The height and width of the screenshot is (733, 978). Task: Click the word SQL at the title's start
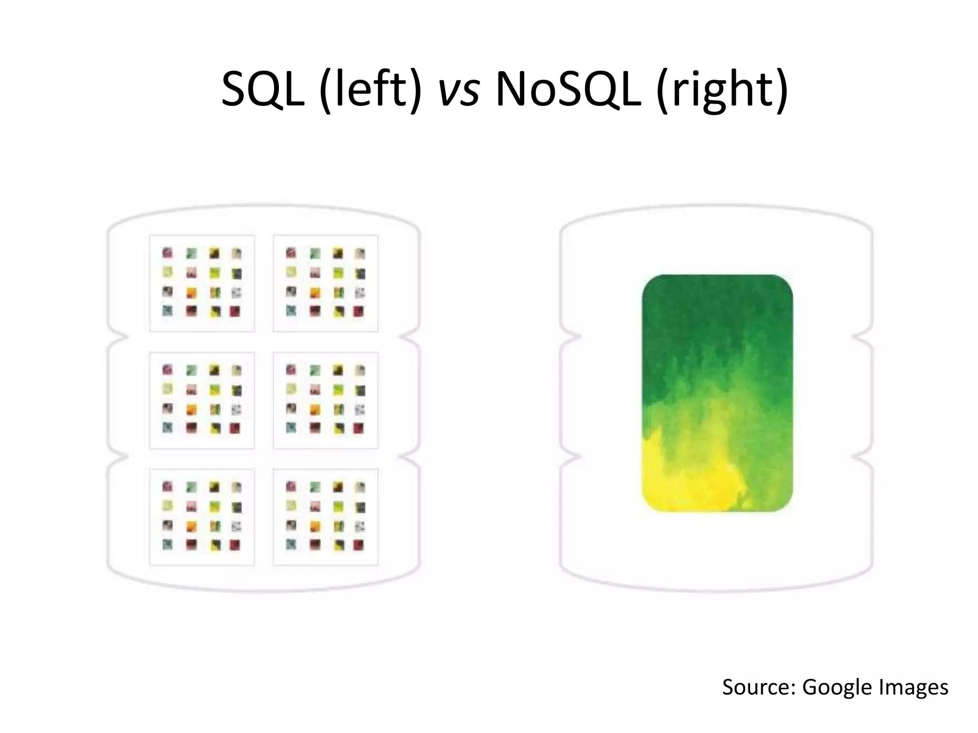pos(263,90)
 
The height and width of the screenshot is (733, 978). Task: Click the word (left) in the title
pos(371,90)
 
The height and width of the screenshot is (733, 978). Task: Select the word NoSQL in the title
pos(568,90)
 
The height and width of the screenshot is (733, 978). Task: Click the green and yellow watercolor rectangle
pos(717,393)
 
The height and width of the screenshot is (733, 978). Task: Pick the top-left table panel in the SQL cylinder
pos(202,283)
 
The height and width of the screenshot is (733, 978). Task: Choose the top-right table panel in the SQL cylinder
pos(325,283)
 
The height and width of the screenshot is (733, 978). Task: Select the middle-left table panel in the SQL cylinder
pos(202,400)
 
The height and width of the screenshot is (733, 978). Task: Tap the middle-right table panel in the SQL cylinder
pos(325,400)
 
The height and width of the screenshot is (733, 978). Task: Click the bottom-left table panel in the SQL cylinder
pos(202,517)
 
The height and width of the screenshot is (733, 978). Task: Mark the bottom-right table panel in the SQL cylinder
pos(325,517)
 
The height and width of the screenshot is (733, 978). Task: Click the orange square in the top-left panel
pos(191,292)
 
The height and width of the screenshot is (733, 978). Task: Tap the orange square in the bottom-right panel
pos(315,526)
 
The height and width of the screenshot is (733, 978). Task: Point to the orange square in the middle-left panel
pos(191,409)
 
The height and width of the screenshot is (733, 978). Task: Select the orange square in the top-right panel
pos(315,292)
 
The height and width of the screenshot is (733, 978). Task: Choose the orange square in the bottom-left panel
pos(191,526)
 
